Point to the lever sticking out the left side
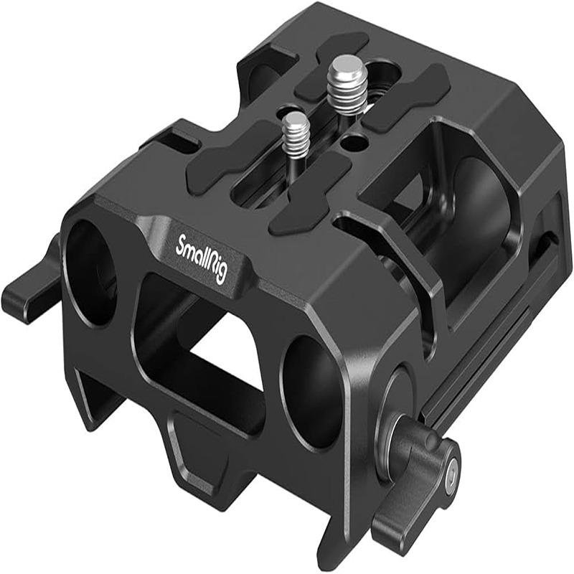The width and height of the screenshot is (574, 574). coord(29,287)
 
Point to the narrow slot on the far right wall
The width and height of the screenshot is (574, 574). coord(546,244)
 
